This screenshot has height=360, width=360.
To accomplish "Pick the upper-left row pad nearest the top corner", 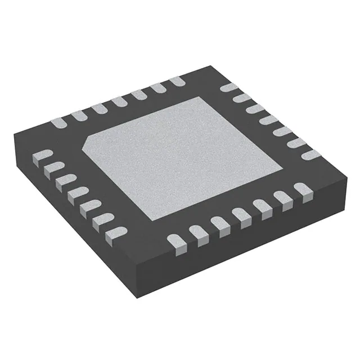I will pos(177,82).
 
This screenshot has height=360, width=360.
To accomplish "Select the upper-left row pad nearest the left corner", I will pos(58,122).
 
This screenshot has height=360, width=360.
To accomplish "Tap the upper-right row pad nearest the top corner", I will pos(228,87).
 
